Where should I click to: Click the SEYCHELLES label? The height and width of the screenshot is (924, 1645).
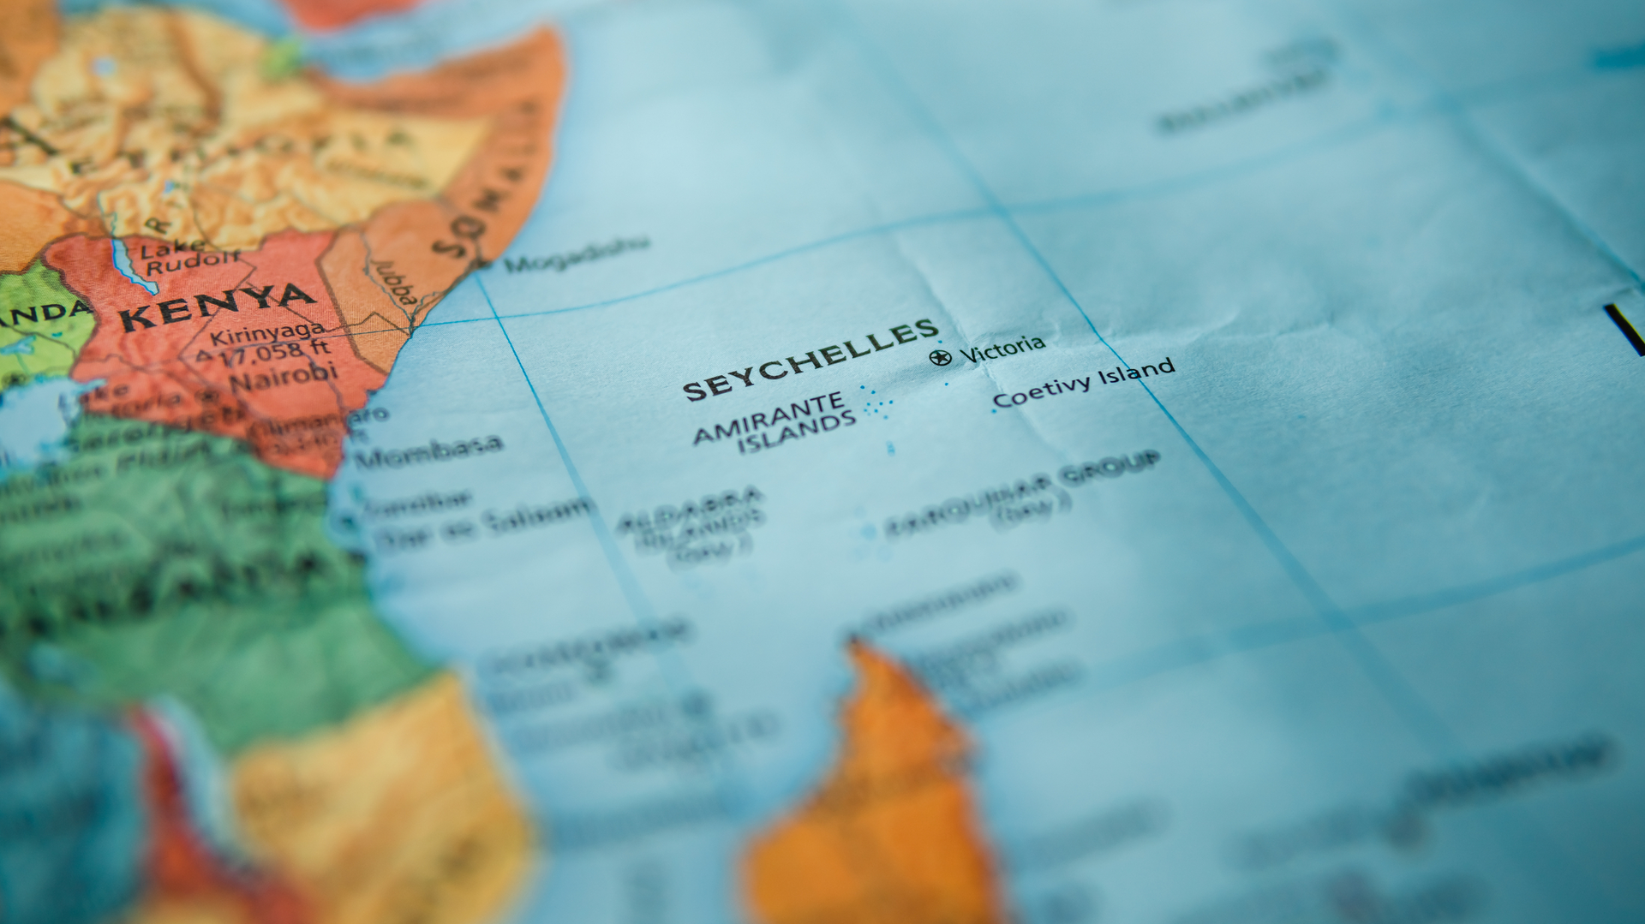[810, 361]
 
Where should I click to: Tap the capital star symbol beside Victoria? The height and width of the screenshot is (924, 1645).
[940, 357]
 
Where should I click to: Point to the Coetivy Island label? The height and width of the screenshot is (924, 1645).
[1083, 383]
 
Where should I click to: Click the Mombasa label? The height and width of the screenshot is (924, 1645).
[428, 450]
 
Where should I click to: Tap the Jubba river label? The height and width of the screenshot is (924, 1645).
[395, 282]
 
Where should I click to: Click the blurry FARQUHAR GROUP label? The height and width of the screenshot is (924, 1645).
[1024, 492]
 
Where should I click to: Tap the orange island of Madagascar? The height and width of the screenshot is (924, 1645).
[874, 796]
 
